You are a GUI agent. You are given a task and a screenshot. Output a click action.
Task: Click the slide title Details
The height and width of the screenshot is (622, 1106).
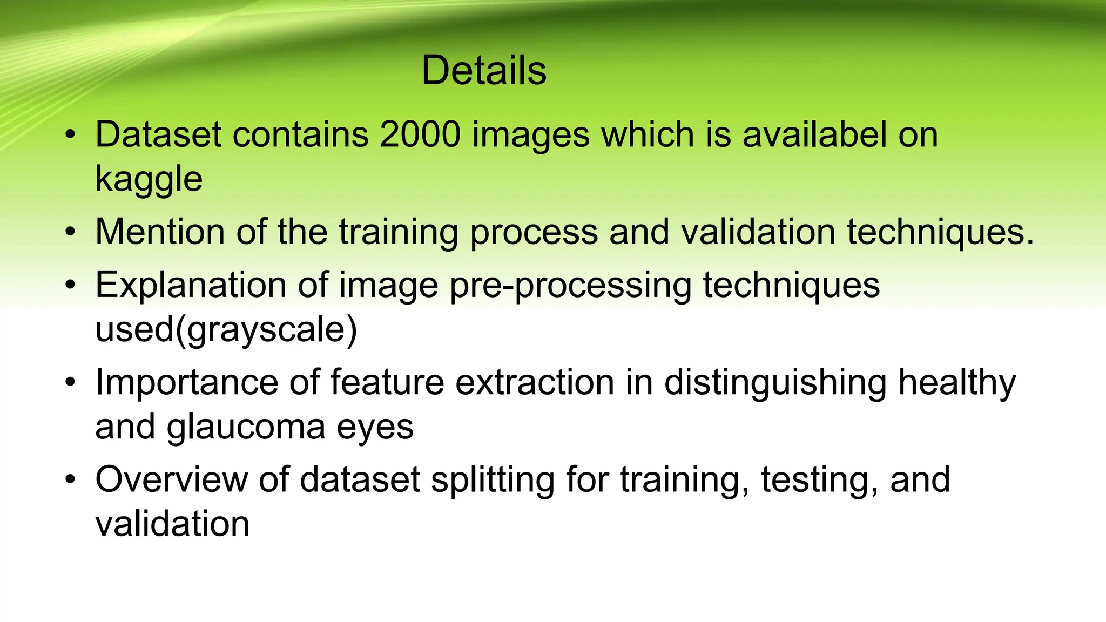click(x=484, y=71)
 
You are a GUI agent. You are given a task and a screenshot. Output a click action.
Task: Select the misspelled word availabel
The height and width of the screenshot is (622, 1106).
click(x=814, y=134)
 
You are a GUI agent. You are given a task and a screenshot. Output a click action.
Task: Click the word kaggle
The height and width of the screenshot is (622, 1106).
click(x=149, y=180)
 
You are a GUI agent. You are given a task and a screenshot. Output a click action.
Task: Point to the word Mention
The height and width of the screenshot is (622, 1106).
click(x=160, y=232)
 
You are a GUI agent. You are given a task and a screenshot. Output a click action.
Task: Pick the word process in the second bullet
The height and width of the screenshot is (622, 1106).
click(x=534, y=233)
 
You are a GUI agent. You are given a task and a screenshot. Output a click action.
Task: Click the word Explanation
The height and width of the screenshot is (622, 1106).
click(x=191, y=285)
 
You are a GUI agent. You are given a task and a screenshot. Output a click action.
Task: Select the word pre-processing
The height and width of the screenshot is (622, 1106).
click(x=570, y=286)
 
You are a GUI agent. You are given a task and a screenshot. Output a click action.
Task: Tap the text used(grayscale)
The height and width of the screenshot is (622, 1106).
click(x=226, y=330)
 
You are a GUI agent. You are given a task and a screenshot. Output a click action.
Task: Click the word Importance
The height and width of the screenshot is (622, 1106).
click(x=186, y=382)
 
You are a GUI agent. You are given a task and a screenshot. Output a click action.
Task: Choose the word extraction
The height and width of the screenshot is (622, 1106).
click(x=535, y=382)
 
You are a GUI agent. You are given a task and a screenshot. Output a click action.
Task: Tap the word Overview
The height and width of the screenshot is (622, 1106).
click(x=171, y=479)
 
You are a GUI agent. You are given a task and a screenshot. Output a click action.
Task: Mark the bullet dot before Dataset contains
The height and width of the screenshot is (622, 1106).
click(x=70, y=136)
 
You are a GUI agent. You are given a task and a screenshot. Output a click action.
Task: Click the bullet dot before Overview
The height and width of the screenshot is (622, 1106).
click(x=70, y=480)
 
